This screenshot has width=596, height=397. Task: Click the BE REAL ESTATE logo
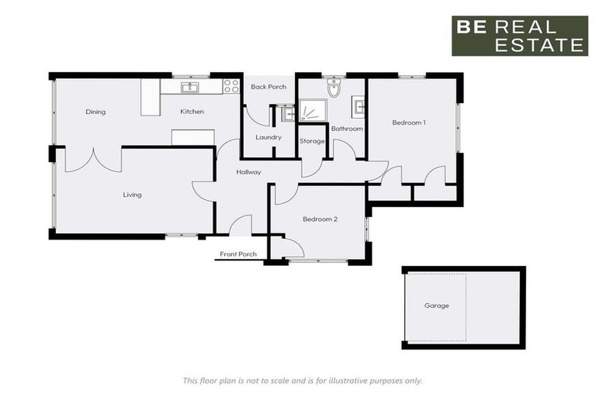520,36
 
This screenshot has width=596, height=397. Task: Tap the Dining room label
95,112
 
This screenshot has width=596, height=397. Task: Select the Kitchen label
192,112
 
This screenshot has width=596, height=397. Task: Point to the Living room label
132,195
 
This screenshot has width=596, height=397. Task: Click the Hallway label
249,172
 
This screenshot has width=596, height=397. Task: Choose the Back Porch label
269,87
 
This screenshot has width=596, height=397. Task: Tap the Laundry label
269,137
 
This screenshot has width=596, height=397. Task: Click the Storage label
312,141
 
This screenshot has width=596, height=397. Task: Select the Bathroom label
347,129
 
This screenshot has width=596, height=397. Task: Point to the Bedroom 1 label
409,123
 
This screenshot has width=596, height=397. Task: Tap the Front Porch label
238,254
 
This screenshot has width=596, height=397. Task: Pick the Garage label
436,306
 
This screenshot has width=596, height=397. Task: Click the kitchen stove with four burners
231,86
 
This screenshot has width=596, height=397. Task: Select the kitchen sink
190,86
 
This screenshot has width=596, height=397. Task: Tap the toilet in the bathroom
334,88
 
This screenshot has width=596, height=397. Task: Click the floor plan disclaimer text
303,380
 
